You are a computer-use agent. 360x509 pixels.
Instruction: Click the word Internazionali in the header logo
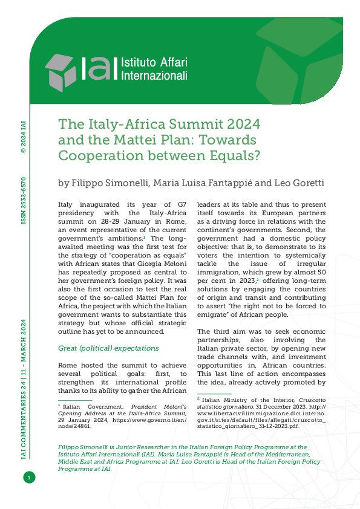tap(155, 76)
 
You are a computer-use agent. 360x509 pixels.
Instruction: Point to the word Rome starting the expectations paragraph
tap(68, 365)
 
